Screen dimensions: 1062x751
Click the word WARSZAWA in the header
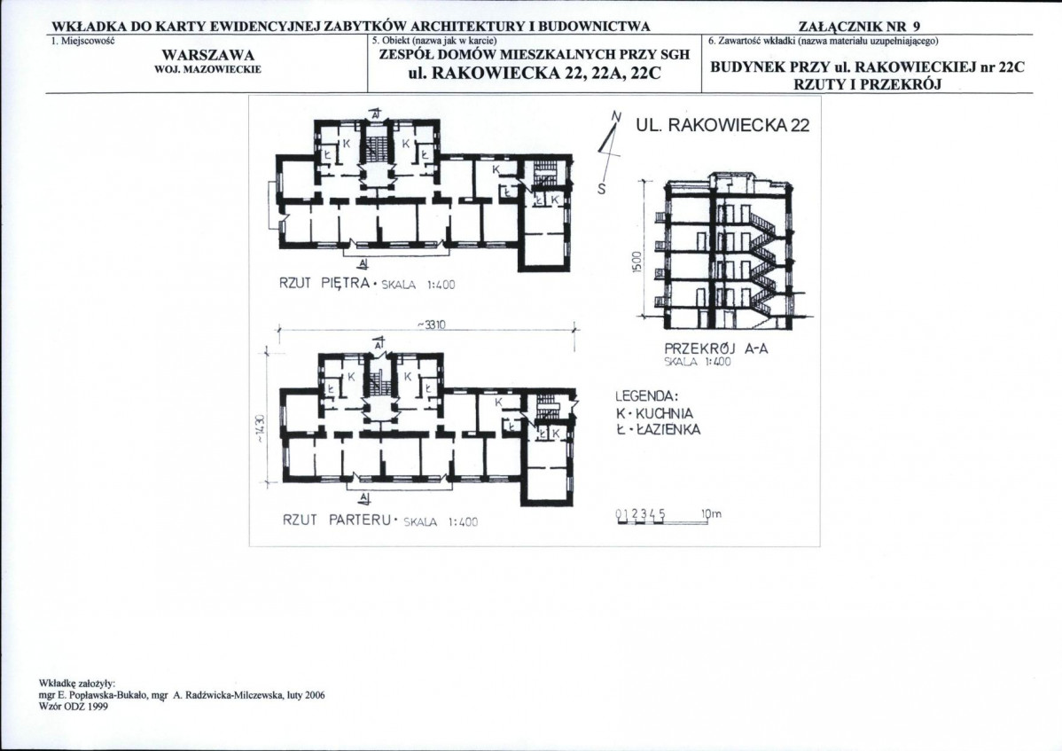point(208,55)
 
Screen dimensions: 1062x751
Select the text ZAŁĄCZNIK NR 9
point(860,27)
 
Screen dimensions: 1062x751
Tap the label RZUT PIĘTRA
point(324,283)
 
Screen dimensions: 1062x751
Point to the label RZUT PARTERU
point(337,520)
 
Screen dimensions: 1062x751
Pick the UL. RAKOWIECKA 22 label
point(722,125)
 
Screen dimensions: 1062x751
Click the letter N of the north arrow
point(616,116)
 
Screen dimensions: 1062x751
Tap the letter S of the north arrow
point(601,190)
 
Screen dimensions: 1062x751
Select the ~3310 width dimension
point(430,325)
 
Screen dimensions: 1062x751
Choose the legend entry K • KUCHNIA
point(654,413)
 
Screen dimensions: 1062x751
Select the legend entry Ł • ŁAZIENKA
point(659,429)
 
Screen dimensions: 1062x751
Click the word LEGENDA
point(647,397)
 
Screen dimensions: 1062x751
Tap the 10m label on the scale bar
point(712,514)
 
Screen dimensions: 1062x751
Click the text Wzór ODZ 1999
point(74,707)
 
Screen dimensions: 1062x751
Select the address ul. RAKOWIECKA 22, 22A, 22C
point(534,73)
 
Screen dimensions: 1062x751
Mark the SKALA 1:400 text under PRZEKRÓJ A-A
point(699,363)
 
